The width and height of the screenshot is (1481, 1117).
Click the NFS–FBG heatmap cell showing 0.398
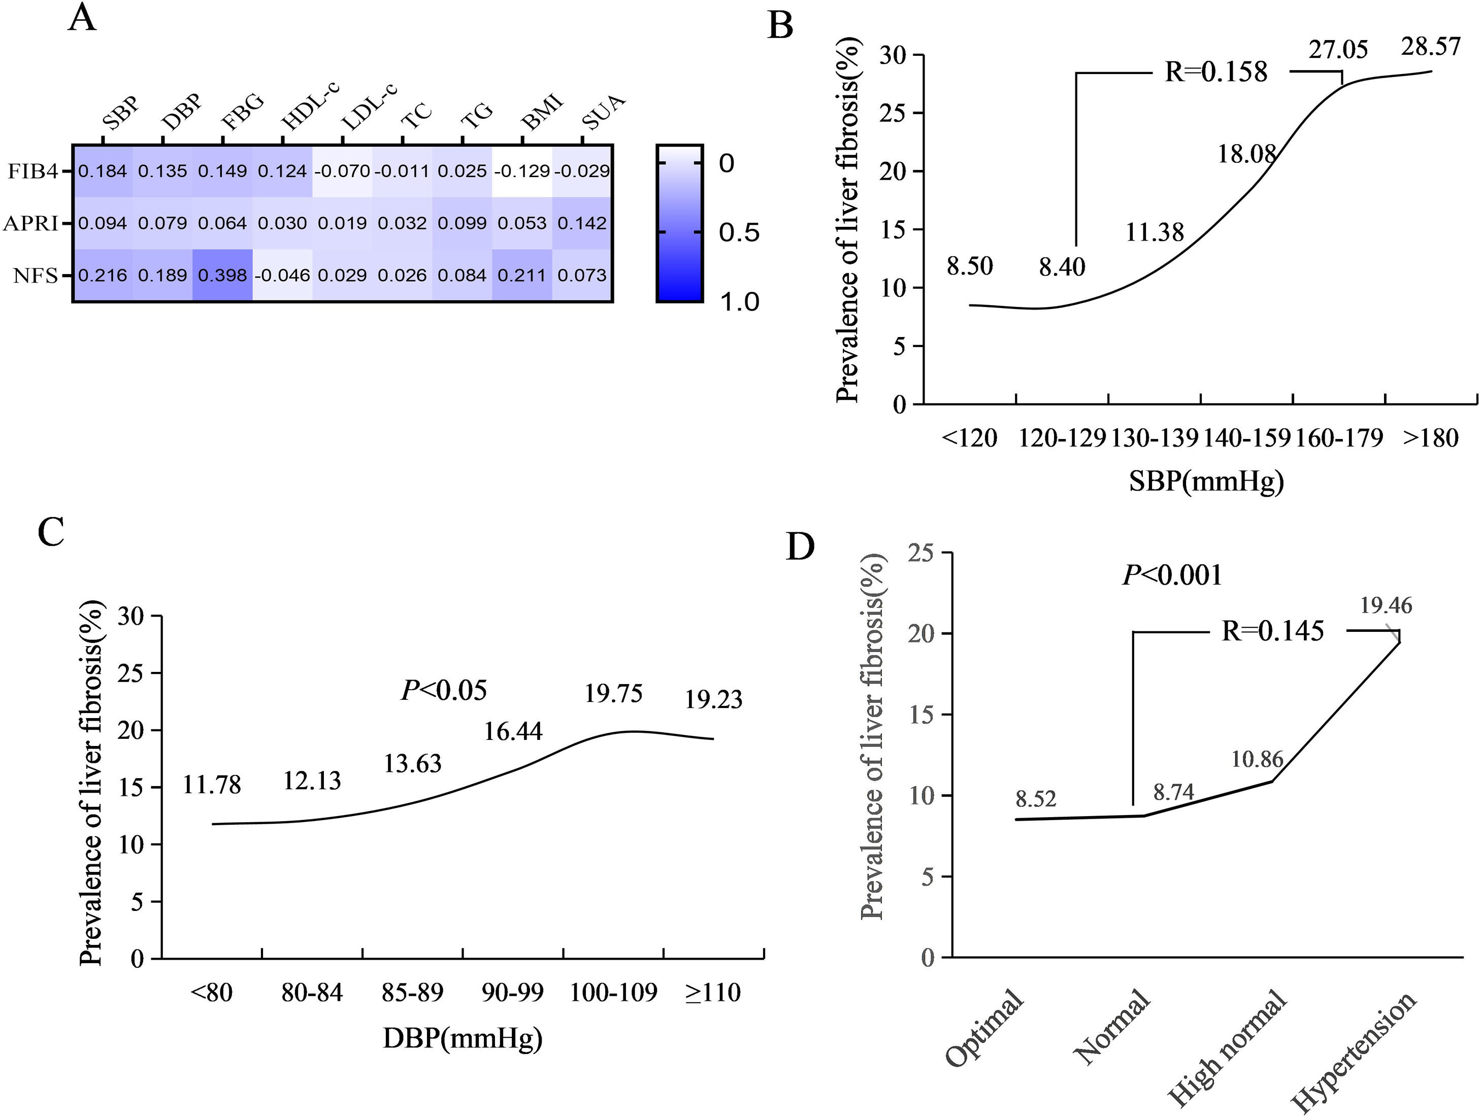(222, 275)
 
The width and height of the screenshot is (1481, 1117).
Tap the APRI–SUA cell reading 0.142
(582, 223)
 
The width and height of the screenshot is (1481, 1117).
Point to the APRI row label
(31, 223)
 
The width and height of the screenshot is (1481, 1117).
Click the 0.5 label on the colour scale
(739, 232)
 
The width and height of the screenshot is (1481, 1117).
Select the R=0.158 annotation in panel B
(1216, 72)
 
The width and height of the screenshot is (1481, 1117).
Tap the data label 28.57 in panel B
(1431, 46)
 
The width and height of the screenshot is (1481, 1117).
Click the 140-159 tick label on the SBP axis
(1246, 437)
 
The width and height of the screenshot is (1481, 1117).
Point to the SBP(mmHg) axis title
(1206, 481)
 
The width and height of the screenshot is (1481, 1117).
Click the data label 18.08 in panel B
(1246, 154)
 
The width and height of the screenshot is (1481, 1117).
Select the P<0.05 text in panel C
(444, 690)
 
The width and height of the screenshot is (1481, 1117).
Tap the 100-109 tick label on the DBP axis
(613, 992)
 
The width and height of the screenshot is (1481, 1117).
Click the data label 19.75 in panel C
(613, 693)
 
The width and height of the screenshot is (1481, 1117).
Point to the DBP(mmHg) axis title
(463, 1038)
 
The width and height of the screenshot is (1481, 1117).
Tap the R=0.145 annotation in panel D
(1273, 630)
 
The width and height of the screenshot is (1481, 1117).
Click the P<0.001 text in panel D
(1172, 575)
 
